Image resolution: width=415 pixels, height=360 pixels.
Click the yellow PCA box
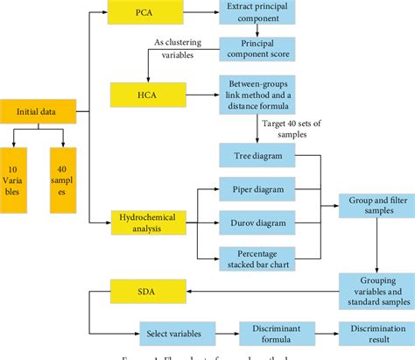tap(144, 15)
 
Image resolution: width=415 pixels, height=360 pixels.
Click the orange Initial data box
tap(36, 112)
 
